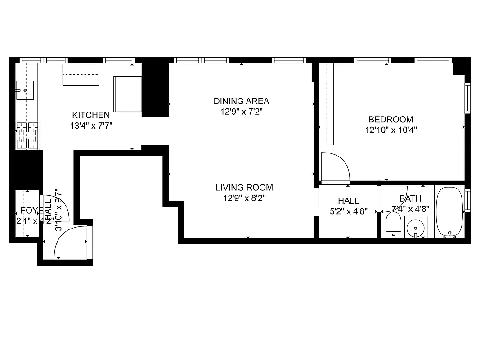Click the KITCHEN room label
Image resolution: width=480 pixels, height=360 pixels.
click(91, 115)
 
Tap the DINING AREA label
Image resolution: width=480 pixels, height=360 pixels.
click(241, 101)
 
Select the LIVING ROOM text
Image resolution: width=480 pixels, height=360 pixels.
click(244, 188)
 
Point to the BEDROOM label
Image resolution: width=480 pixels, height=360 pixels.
click(390, 119)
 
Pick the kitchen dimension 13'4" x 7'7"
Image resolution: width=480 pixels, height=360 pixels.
click(91, 126)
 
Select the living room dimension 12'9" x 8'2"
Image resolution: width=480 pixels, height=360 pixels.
click(244, 198)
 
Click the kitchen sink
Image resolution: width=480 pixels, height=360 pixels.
click(25, 90)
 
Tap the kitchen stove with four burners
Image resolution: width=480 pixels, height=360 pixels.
click(27, 135)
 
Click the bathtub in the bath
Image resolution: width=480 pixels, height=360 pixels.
click(449, 211)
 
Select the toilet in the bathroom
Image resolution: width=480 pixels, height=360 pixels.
click(393, 225)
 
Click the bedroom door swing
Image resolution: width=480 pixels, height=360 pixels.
click(335, 167)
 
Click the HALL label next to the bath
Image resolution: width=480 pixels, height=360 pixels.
click(348, 201)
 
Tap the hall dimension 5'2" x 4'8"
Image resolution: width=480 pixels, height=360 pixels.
click(348, 211)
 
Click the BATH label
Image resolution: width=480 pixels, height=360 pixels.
click(410, 198)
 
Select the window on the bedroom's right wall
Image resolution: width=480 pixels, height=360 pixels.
click(467, 98)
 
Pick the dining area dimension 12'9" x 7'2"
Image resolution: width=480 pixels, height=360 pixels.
click(241, 112)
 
